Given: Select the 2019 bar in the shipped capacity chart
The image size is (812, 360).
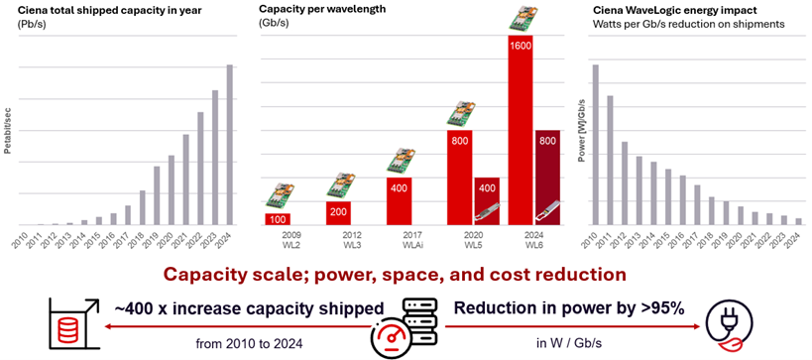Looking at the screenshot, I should pos(156,195).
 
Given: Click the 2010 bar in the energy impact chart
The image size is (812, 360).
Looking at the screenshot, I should pos(595,145).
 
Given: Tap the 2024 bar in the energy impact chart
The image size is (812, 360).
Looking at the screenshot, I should pos(799,221).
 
